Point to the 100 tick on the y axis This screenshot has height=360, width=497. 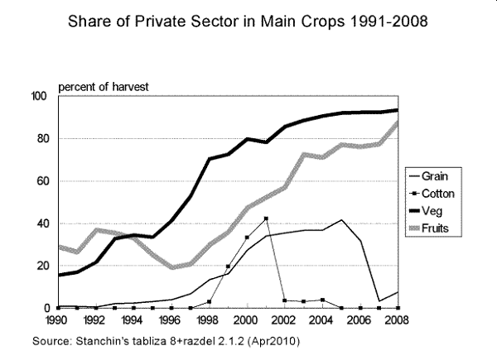point(38,96)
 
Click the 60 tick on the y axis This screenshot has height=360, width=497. point(41,181)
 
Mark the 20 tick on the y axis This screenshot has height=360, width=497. point(41,266)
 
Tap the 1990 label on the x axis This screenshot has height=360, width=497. point(57,319)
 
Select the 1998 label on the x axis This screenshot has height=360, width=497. point(208,319)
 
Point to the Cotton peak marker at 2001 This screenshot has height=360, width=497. point(266,218)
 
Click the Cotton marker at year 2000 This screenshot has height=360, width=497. point(247,238)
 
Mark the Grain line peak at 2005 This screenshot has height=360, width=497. point(341,220)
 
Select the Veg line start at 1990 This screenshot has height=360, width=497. point(57,275)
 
